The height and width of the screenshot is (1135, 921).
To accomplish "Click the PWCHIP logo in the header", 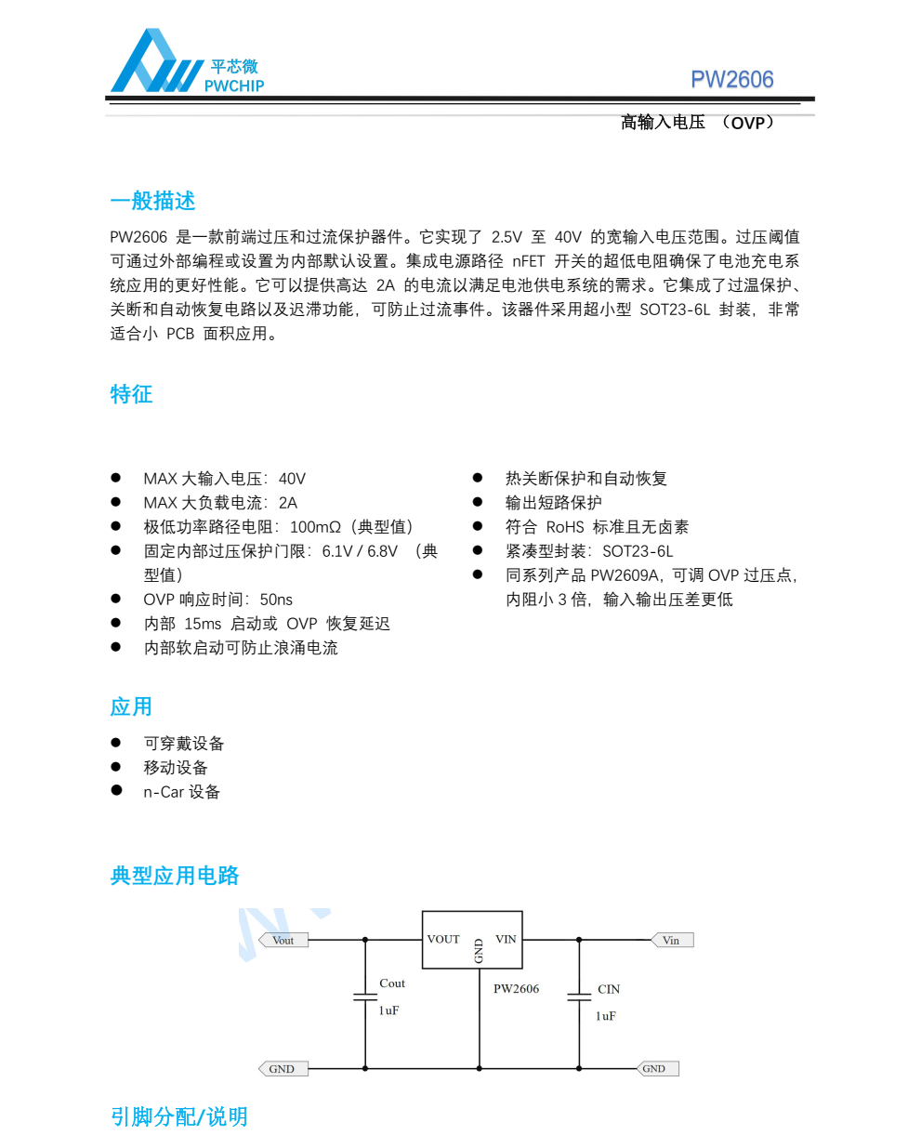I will pyautogui.click(x=186, y=63).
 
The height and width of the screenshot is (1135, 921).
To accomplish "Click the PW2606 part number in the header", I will pyautogui.click(x=731, y=80).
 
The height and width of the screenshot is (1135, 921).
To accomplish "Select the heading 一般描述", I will pyautogui.click(x=152, y=201).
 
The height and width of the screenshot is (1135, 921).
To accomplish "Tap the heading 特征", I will pyautogui.click(x=131, y=394).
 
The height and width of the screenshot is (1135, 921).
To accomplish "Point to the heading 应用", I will pyautogui.click(x=131, y=706).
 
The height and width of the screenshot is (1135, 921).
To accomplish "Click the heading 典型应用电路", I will pyautogui.click(x=175, y=876).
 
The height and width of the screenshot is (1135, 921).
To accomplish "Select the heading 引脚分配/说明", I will pyautogui.click(x=179, y=1116).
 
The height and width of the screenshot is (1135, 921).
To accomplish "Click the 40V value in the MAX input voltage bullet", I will pyautogui.click(x=292, y=479).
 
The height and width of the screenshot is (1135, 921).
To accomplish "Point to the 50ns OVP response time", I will pyautogui.click(x=276, y=600).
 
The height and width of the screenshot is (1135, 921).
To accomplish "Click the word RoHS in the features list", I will pyautogui.click(x=565, y=527).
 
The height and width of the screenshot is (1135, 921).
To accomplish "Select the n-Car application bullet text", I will pyautogui.click(x=181, y=792).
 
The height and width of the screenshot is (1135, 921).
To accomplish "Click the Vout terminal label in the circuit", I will pyautogui.click(x=283, y=940).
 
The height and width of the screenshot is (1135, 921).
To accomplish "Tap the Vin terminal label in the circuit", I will pyautogui.click(x=671, y=940).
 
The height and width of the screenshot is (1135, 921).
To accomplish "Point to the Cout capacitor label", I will pyautogui.click(x=392, y=983).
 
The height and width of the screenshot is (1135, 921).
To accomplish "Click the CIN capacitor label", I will pyautogui.click(x=609, y=989).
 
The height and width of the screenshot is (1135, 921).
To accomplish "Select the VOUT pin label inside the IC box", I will pyautogui.click(x=443, y=939).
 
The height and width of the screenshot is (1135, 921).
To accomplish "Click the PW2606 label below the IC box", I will pyautogui.click(x=516, y=989).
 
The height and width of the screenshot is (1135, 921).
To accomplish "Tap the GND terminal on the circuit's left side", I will pyautogui.click(x=282, y=1069).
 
